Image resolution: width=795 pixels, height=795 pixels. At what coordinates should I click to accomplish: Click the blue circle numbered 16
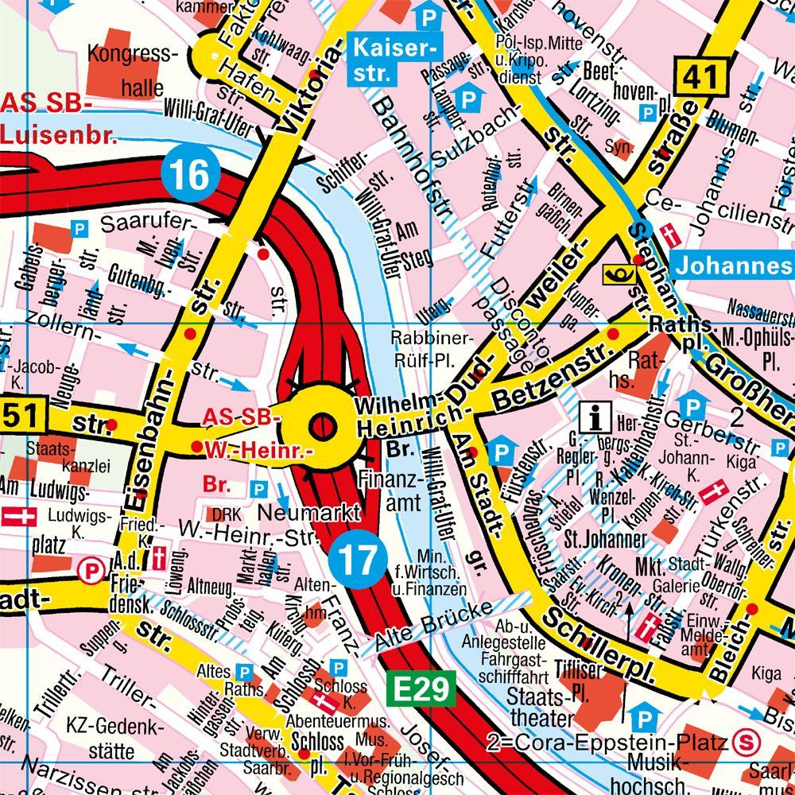point(188,173)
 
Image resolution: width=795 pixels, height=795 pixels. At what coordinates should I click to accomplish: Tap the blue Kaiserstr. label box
point(394,61)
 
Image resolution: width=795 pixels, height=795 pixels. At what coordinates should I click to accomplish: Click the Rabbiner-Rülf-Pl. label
point(422,349)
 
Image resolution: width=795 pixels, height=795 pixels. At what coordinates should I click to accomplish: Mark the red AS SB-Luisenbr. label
point(57,119)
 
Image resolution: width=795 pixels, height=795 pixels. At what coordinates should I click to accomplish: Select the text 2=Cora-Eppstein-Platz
point(608,744)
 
